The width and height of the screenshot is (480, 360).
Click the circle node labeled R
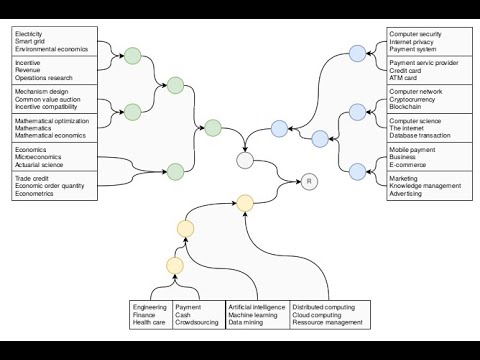tap(309, 181)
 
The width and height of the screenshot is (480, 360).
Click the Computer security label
tap(415, 33)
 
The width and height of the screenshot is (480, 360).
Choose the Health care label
tap(150, 324)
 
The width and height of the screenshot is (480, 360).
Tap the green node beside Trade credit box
tap(176, 172)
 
